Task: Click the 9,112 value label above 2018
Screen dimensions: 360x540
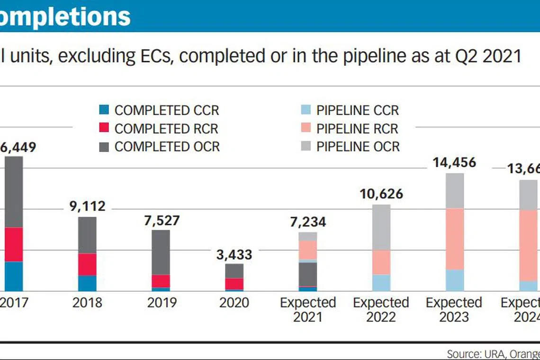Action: point(85,206)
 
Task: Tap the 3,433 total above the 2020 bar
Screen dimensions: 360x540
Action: point(234,254)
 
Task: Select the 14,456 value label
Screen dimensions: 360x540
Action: point(454,162)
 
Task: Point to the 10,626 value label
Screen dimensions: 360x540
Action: point(381,194)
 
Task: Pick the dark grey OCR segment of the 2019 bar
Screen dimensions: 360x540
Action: point(161,252)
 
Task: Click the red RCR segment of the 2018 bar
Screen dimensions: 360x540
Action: point(87,264)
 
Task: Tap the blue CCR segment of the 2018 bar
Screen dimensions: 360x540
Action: point(87,283)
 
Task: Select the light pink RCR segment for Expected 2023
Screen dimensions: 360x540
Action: point(455,239)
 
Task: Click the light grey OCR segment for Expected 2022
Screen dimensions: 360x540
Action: point(381,227)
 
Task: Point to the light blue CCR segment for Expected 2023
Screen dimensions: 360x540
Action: point(455,280)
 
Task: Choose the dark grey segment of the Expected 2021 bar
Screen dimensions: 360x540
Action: point(307,274)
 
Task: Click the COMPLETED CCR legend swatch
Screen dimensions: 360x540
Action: point(104,110)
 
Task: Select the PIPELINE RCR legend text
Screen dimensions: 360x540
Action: point(357,128)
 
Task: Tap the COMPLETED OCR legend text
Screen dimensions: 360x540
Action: point(167,146)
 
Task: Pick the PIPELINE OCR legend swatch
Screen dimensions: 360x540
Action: point(306,146)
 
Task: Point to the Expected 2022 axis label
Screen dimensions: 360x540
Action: point(381,310)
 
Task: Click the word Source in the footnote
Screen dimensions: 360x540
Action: point(461,354)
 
